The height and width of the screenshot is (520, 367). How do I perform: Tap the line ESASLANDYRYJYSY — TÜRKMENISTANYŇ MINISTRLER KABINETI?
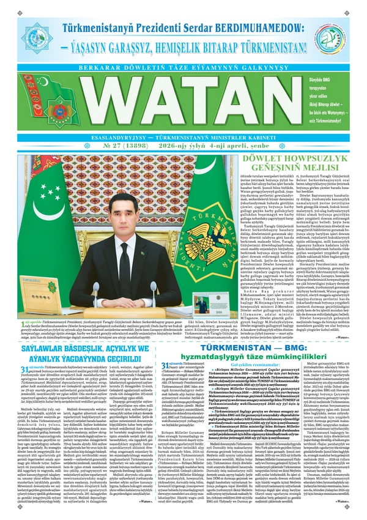[x=183, y=138]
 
